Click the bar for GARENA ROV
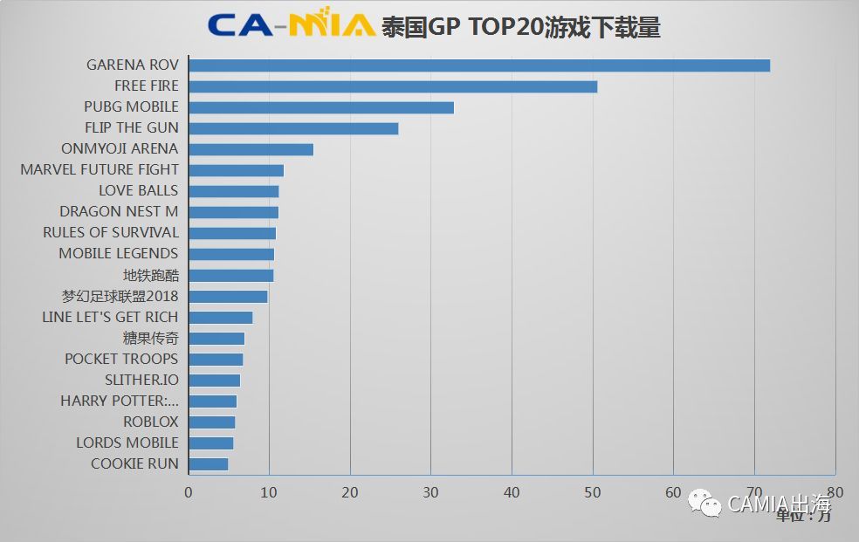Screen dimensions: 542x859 pyautogui.click(x=478, y=65)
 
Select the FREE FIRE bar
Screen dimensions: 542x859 pyautogui.click(x=393, y=86)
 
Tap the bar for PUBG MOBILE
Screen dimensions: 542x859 pyautogui.click(x=320, y=107)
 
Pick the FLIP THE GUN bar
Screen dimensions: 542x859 pyautogui.click(x=293, y=128)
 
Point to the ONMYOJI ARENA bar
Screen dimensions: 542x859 pyautogui.click(x=251, y=149)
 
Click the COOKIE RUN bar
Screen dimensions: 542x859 pyautogui.click(x=209, y=464)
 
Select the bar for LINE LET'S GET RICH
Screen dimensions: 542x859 pyautogui.click(x=221, y=318)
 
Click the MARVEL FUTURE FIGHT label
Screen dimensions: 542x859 pyautogui.click(x=100, y=169)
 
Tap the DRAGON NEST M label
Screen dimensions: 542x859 pyautogui.click(x=119, y=211)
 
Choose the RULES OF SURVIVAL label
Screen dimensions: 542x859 pyautogui.click(x=111, y=232)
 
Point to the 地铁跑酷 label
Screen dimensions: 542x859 pyautogui.click(x=150, y=275)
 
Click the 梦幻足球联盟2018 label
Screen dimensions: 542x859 pyautogui.click(x=120, y=296)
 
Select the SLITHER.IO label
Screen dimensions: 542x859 pyautogui.click(x=141, y=380)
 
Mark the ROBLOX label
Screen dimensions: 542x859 pyautogui.click(x=150, y=422)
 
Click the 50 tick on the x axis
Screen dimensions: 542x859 pyautogui.click(x=593, y=493)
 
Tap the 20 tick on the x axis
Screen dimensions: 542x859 pyautogui.click(x=350, y=493)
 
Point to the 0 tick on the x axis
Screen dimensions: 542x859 pyautogui.click(x=189, y=493)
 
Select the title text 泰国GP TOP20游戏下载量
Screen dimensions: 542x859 pyautogui.click(x=520, y=27)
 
